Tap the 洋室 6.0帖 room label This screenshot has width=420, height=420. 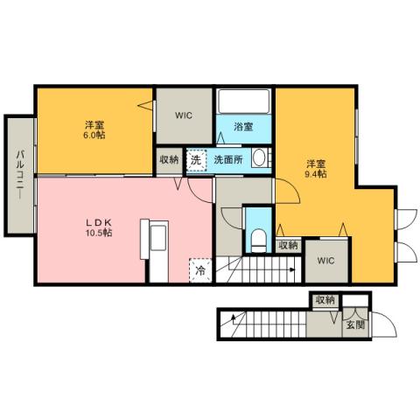pyautogui.click(x=95, y=129)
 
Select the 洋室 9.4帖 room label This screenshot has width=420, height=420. pyautogui.click(x=316, y=168)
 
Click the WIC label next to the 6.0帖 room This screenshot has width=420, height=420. pyautogui.click(x=184, y=115)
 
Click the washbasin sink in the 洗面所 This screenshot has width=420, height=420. pyautogui.click(x=259, y=158)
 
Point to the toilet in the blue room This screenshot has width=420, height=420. pyautogui.click(x=257, y=238)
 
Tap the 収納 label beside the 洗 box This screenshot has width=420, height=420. pyautogui.click(x=169, y=159)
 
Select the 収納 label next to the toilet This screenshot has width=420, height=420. pyautogui.click(x=288, y=246)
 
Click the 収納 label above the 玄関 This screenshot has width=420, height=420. pyautogui.click(x=325, y=300)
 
